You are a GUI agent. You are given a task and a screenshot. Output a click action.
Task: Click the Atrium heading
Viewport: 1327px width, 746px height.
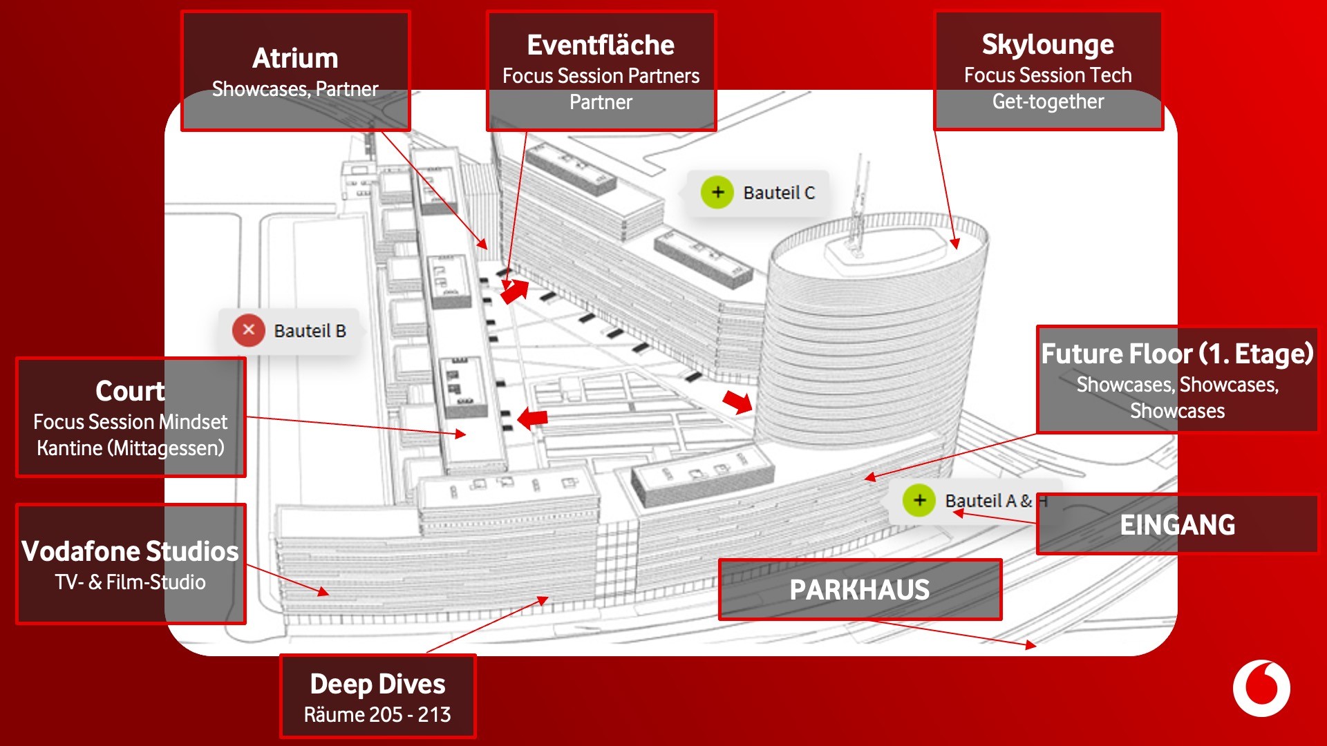point(295,58)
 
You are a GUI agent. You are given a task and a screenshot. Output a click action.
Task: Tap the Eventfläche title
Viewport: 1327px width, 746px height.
point(601,45)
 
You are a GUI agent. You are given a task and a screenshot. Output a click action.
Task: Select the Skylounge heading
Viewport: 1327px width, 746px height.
point(1048,44)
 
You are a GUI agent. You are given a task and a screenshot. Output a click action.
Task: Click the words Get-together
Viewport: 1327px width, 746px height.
point(1048,102)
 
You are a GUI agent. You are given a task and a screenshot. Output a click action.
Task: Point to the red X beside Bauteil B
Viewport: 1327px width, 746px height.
point(249,330)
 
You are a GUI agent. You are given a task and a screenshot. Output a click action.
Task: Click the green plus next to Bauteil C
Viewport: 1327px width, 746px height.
point(717,192)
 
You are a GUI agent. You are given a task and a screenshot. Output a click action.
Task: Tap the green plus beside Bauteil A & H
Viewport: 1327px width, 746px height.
point(919,500)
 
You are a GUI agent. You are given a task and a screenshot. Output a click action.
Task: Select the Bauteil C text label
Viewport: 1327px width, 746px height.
point(779,193)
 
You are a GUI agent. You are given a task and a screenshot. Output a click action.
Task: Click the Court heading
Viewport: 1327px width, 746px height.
point(130,391)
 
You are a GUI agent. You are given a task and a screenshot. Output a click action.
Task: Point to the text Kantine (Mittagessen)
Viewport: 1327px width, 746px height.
point(131,448)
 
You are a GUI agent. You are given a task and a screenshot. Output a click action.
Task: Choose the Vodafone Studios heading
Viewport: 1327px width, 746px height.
point(130,551)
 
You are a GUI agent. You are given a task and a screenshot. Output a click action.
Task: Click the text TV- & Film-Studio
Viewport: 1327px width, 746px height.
point(131,582)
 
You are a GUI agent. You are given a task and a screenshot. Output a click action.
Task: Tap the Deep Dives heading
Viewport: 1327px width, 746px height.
point(377,684)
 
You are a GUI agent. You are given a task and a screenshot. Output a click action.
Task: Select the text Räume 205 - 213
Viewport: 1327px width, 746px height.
point(377,714)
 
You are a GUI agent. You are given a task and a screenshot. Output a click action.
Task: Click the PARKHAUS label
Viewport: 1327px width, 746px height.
point(859,590)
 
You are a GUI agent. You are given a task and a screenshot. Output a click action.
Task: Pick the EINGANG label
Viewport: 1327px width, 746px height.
point(1177,525)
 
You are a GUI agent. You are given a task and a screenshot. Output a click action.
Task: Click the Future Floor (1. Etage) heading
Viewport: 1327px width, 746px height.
point(1177,354)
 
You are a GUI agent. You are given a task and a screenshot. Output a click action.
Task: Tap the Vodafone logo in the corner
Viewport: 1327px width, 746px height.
point(1261,689)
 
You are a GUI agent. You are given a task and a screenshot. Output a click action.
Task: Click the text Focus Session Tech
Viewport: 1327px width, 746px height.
point(1048,75)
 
